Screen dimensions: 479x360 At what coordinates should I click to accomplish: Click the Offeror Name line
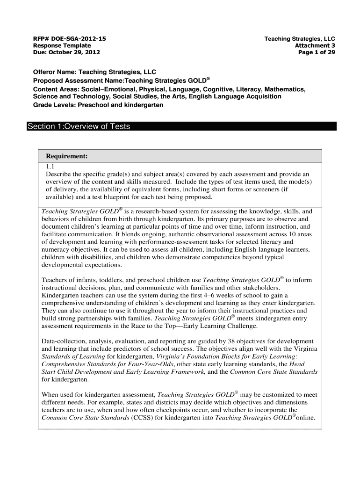[94, 73]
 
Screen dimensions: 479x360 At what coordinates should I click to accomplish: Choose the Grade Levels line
[98, 105]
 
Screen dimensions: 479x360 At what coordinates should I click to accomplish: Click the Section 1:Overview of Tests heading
[79, 127]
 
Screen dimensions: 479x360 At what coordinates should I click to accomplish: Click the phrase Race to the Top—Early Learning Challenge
[202, 326]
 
